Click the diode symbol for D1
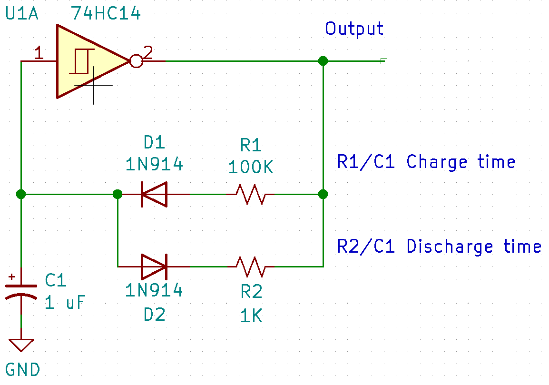pyautogui.click(x=154, y=194)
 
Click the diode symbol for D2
pyautogui.click(x=154, y=267)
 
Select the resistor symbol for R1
pyautogui.click(x=251, y=194)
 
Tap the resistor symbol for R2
pyautogui.click(x=251, y=267)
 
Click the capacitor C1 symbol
pyautogui.click(x=21, y=291)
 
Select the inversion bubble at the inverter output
pyautogui.click(x=136, y=61)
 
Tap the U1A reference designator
pyautogui.click(x=22, y=14)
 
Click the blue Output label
pyautogui.click(x=354, y=29)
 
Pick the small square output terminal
pyautogui.click(x=384, y=61)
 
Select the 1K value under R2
pyautogui.click(x=251, y=316)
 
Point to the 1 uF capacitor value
pyautogui.click(x=65, y=303)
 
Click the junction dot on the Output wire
pyautogui.click(x=323, y=61)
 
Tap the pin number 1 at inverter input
pyautogui.click(x=39, y=54)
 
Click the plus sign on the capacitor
pyautogui.click(x=12, y=276)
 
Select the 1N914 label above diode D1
pyautogui.click(x=154, y=164)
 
